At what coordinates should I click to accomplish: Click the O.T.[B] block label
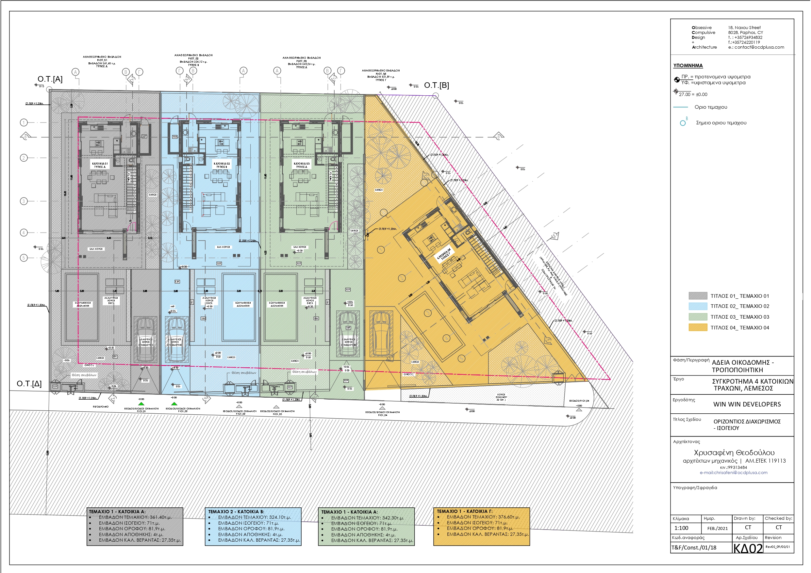pos(436,85)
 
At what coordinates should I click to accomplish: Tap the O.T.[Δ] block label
pos(29,383)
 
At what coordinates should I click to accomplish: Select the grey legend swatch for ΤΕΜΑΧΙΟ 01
pos(698,296)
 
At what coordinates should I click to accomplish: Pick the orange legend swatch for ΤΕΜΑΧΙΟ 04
pos(698,327)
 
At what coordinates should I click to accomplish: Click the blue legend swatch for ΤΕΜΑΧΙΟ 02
pos(698,306)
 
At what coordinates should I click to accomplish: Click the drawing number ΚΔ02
pos(748,548)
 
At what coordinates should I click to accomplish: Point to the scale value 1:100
pos(681,528)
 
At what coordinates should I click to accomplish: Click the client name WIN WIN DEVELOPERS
pos(747,404)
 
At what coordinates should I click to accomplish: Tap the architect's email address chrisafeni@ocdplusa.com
pos(733,472)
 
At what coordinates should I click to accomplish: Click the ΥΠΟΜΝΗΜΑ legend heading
pos(688,66)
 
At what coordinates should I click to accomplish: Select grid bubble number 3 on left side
pos(24,201)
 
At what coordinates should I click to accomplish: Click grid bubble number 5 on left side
pos(24,258)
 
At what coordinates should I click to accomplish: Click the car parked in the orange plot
pos(381,334)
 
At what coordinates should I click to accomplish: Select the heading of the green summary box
pos(349,512)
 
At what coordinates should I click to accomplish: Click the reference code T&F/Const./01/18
pos(694,548)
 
